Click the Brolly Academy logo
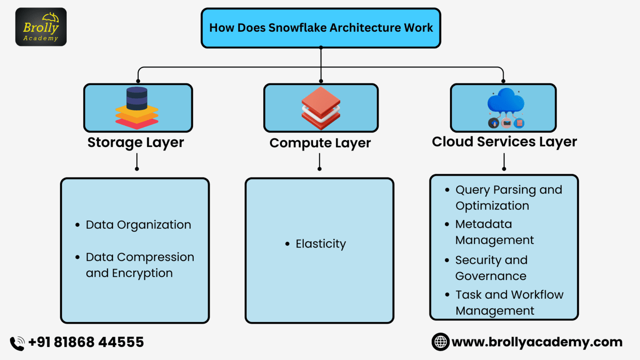click(x=41, y=27)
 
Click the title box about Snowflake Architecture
click(x=321, y=28)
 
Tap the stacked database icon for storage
click(x=137, y=107)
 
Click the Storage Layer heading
click(x=135, y=142)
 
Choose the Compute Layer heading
click(x=320, y=143)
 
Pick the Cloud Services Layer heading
click(x=504, y=142)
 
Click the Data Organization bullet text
click(x=138, y=225)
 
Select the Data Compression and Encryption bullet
click(x=140, y=265)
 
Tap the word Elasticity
click(x=321, y=244)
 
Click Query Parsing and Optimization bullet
click(x=508, y=197)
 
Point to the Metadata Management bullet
click(x=494, y=232)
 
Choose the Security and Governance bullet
click(x=491, y=268)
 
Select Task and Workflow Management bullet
click(x=509, y=302)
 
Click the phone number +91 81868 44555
click(x=86, y=342)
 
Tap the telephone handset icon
click(x=17, y=343)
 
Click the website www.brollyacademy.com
click(x=537, y=342)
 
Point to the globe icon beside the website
click(x=440, y=342)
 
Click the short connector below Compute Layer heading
click(x=320, y=162)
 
